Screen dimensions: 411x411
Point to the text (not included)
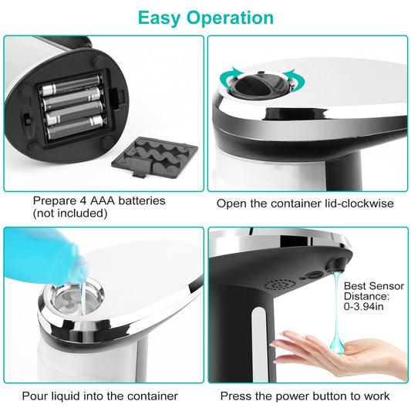pyautogui.click(x=69, y=213)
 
